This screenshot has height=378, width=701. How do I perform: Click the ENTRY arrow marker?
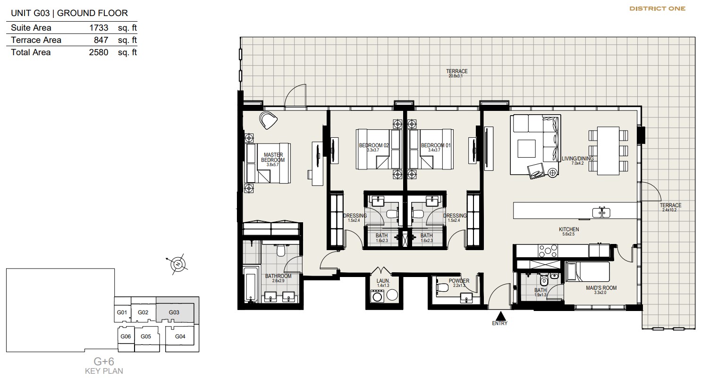click(500, 315)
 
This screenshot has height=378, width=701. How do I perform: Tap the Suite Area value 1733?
click(99, 28)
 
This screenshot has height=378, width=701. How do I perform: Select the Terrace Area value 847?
click(101, 40)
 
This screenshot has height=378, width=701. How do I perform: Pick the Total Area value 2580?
click(99, 52)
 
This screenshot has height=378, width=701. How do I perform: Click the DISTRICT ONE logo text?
click(658, 9)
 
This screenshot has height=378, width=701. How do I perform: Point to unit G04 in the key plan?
click(180, 336)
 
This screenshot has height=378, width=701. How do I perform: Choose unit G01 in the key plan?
click(122, 312)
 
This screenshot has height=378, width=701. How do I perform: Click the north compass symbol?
click(178, 264)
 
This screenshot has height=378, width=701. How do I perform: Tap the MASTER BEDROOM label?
click(273, 158)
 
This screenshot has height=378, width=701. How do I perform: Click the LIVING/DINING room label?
click(578, 159)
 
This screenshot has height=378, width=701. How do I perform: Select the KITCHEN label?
click(569, 229)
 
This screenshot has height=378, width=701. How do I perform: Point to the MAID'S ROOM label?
click(601, 288)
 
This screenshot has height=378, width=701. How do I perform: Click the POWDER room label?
click(459, 281)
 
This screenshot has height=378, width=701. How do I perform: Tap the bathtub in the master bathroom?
click(251, 284)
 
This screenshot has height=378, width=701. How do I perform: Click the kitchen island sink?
click(601, 213)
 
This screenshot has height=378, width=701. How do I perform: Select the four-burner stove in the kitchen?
click(548, 251)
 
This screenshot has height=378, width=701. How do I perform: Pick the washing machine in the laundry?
click(378, 296)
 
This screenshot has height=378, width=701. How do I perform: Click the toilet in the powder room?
click(441, 287)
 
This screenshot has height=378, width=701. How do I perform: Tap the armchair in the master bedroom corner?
click(268, 120)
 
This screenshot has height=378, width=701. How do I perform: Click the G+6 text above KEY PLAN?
click(104, 361)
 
